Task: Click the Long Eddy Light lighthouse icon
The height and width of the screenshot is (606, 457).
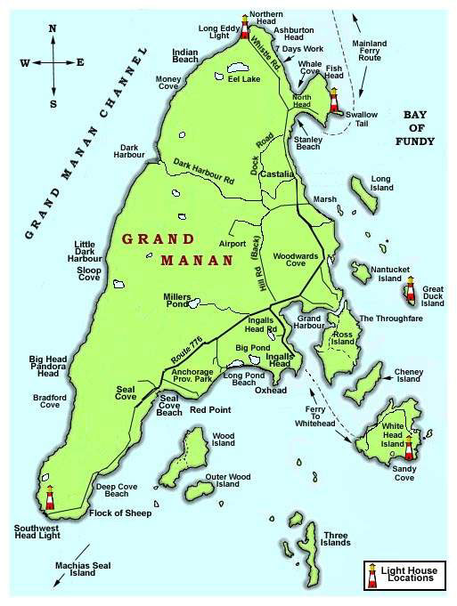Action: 242,23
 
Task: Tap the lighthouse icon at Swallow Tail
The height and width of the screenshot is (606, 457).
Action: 334,98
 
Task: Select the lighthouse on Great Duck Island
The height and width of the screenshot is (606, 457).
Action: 411,288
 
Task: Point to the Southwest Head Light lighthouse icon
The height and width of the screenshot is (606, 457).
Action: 51,497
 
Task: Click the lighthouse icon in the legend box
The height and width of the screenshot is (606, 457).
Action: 371,575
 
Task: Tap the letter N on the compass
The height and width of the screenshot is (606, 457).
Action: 53,28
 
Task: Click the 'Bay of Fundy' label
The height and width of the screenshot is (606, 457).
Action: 418,128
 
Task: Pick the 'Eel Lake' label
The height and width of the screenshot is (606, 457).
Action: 243,78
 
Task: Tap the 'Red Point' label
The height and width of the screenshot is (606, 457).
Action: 211,411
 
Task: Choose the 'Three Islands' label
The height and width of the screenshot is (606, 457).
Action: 336,537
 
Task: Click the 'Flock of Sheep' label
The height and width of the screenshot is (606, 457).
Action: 125,513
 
